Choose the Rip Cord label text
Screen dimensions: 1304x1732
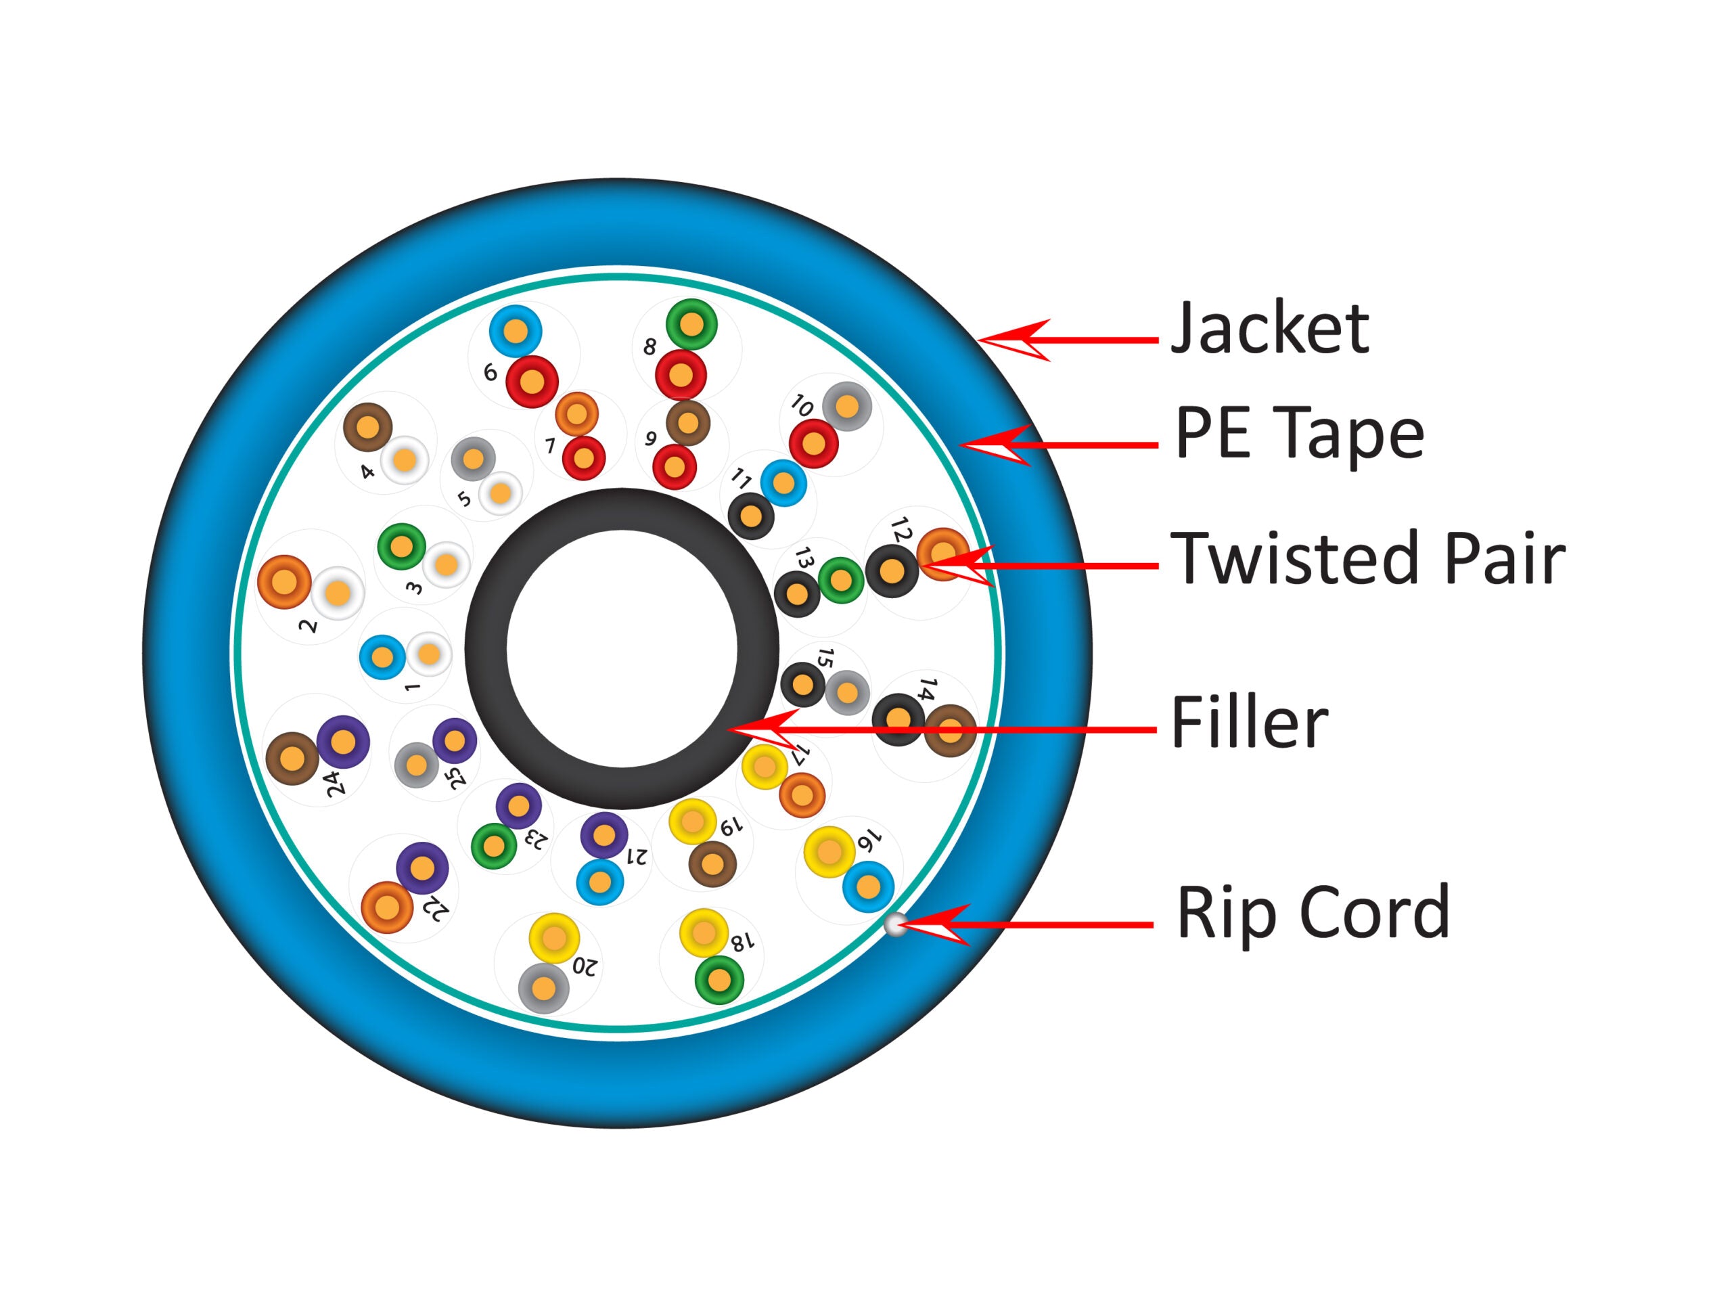click(1313, 912)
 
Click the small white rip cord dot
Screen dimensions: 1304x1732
click(894, 925)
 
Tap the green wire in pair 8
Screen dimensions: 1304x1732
click(691, 324)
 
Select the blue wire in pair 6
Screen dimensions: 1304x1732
click(516, 332)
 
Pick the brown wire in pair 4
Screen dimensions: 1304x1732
click(368, 428)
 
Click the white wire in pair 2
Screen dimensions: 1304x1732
click(338, 593)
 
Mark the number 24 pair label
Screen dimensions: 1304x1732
click(335, 783)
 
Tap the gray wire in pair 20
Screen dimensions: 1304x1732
click(543, 989)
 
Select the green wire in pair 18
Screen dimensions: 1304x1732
click(719, 980)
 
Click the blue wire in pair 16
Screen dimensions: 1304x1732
click(868, 886)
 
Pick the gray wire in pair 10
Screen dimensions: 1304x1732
click(847, 407)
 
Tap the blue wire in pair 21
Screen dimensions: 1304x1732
click(600, 882)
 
